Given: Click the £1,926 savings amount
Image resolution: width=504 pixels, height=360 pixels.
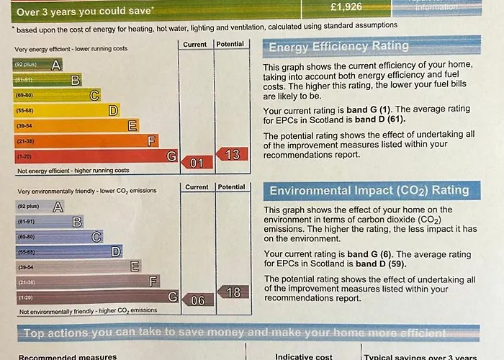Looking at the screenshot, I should tap(346, 7).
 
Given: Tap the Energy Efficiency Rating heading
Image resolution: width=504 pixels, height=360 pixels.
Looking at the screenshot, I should tap(338, 47).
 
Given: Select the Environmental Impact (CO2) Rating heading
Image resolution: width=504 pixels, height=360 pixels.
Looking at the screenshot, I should tap(369, 191).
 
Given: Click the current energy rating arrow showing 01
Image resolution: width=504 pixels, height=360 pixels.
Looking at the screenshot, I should tap(196, 163).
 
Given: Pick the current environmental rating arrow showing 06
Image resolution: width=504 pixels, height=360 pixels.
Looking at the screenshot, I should tap(197, 300).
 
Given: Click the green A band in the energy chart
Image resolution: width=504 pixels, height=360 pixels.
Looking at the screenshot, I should tap(37, 64).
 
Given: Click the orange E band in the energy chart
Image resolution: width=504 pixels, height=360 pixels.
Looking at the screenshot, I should tap(76, 126).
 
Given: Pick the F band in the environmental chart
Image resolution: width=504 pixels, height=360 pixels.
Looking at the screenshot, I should tap(87, 282).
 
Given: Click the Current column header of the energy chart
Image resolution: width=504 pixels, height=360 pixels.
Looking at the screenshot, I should tap(195, 45).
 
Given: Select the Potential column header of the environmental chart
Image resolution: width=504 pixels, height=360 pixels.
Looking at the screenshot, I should tap(231, 187).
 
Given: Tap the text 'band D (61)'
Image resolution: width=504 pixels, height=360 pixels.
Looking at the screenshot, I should tap(381, 120).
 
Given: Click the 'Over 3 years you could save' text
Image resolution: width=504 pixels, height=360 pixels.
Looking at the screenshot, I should tap(84, 12).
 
